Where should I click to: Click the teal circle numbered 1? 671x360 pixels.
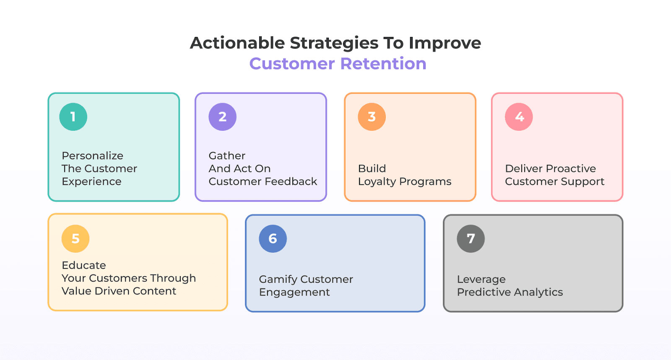click(x=73, y=117)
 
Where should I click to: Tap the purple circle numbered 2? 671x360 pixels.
click(x=222, y=117)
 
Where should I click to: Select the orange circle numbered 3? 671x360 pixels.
click(x=372, y=117)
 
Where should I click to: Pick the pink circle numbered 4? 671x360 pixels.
click(x=519, y=117)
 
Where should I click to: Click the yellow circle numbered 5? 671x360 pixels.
click(x=75, y=239)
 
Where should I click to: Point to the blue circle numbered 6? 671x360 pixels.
click(x=273, y=239)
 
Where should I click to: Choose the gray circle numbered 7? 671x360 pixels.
click(x=471, y=239)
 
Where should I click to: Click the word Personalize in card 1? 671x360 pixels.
click(x=92, y=156)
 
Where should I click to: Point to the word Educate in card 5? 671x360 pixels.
click(x=84, y=265)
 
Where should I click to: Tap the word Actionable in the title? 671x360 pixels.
click(x=237, y=43)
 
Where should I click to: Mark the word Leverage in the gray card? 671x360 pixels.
click(x=481, y=280)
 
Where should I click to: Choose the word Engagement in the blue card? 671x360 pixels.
click(x=294, y=293)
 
